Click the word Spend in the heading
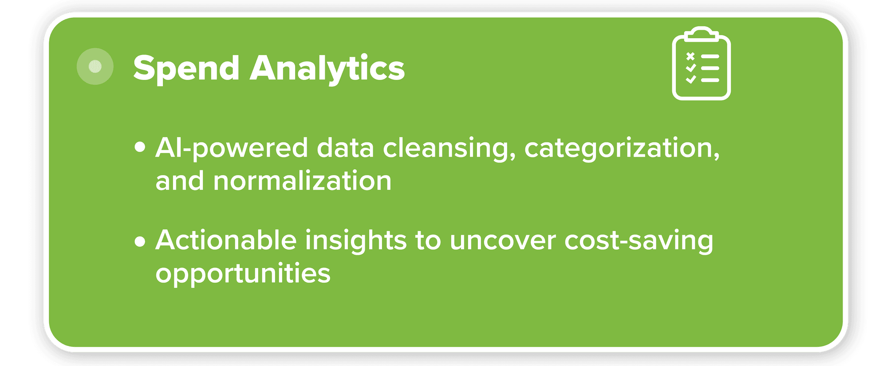186,69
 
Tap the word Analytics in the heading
327,68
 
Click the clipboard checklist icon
701,63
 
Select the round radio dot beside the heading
95,67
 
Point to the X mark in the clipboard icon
690,56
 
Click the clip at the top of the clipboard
701,35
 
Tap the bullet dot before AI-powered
140,147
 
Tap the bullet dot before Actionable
140,241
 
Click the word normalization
303,181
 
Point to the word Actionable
226,240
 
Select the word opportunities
243,274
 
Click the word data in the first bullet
346,148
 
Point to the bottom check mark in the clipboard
691,80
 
